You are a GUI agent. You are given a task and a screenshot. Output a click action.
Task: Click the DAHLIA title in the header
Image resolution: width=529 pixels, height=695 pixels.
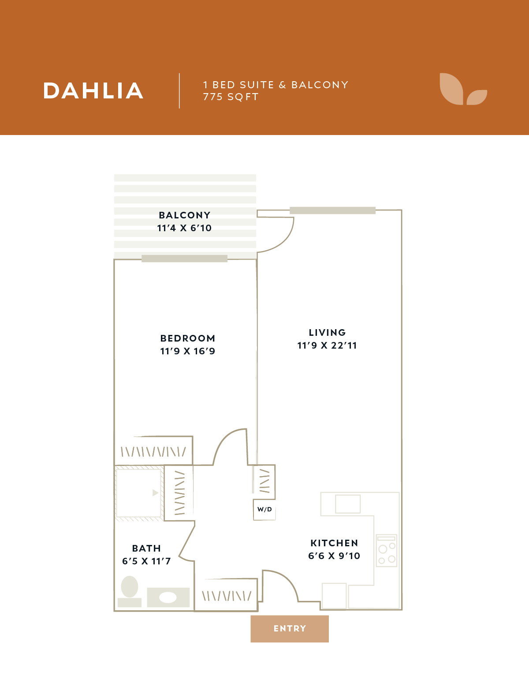coord(93,91)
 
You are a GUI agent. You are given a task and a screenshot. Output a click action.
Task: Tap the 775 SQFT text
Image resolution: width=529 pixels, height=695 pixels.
coord(231,97)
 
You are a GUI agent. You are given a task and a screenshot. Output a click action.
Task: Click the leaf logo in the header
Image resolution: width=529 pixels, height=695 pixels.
coord(463,89)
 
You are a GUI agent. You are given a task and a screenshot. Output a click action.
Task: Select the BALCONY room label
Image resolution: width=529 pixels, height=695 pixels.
coord(185,215)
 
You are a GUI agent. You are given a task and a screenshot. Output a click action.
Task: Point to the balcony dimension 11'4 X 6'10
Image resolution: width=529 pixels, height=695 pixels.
coord(185,228)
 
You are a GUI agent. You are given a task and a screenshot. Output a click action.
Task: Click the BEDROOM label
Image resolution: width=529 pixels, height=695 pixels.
coord(188,338)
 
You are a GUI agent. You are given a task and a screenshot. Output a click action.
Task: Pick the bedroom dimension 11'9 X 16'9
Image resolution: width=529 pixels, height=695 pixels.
coord(188,351)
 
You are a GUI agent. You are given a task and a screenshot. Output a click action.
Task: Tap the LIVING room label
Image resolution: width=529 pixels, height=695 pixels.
coord(327,333)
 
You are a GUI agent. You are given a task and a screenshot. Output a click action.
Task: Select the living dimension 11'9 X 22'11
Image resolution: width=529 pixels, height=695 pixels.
coord(327,346)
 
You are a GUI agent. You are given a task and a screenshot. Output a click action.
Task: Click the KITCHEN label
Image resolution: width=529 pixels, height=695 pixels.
coord(334,543)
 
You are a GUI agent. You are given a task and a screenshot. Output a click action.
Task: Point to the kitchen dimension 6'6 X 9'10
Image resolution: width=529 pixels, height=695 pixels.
coord(334,556)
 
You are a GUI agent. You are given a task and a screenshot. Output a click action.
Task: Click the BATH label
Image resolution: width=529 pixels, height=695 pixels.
coord(146,548)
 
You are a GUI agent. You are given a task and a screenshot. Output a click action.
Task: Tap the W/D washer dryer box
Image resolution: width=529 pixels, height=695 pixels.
coord(264,510)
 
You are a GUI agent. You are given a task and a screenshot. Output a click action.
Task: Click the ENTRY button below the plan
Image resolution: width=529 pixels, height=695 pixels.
coord(290,628)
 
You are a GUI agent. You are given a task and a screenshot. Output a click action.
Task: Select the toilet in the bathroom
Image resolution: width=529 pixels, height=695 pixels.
coord(130,591)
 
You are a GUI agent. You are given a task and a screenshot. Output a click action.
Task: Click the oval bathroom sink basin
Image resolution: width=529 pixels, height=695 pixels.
coord(168,597)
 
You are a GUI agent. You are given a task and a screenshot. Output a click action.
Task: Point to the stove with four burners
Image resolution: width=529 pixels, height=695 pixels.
coord(387,551)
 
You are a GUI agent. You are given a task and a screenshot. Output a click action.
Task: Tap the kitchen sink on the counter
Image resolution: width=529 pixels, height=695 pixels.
coord(348,504)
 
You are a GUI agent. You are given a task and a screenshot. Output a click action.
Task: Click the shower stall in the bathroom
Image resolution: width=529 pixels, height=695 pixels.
coord(139,493)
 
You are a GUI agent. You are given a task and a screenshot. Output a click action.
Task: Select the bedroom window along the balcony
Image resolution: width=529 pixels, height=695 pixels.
coord(184,259)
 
